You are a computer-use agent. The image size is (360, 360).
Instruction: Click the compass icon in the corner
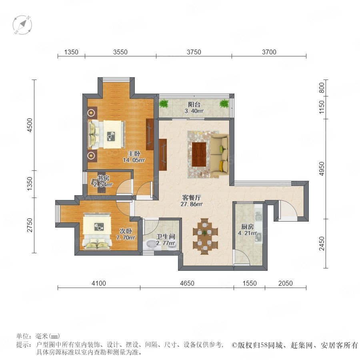tap(22, 25)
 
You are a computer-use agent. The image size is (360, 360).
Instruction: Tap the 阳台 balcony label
tap(194, 105)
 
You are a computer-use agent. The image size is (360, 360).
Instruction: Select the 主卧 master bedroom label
tap(134, 154)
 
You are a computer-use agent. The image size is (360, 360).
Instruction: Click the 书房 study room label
tap(103, 178)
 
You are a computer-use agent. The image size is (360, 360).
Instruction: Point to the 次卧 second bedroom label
tap(126, 231)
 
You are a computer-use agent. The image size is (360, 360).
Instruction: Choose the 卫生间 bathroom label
tap(166, 236)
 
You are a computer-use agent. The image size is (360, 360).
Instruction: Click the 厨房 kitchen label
tap(247, 227)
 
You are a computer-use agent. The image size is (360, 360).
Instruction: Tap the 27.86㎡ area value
tap(192, 204)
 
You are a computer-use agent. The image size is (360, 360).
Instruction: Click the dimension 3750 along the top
tap(194, 52)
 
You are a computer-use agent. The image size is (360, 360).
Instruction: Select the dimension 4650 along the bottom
tap(187, 283)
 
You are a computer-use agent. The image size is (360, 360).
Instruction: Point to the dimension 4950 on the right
tap(322, 169)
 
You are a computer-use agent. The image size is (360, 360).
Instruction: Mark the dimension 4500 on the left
tap(30, 125)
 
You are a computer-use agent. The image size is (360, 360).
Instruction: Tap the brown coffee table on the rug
tap(199, 154)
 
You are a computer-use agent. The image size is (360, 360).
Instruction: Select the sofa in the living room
tap(220, 154)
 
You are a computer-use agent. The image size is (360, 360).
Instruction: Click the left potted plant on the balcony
tap(164, 104)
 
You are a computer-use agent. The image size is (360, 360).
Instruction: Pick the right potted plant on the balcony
tap(224, 104)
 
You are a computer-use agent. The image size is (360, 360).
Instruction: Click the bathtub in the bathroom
tap(150, 244)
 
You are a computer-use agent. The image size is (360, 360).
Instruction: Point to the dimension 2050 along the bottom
tap(285, 283)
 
